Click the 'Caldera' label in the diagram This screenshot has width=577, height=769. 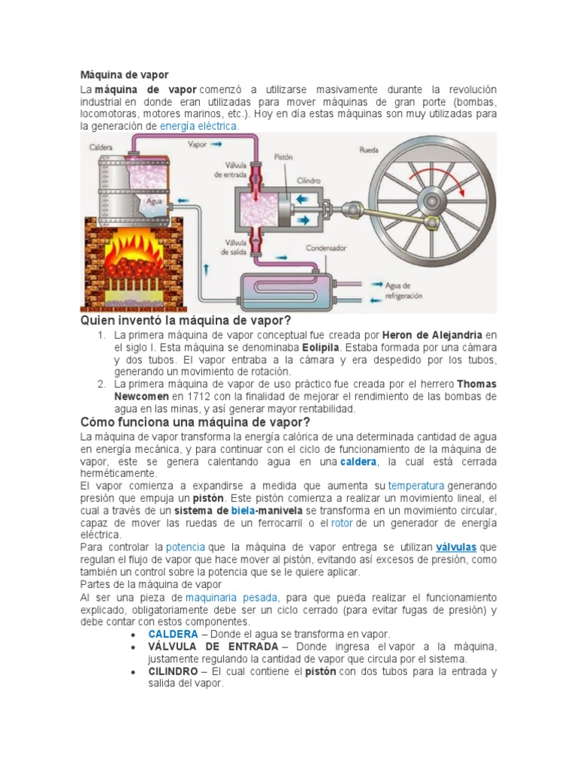101,147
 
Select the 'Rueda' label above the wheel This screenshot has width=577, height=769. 370,150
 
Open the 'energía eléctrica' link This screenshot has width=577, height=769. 198,126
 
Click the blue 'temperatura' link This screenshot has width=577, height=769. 415,486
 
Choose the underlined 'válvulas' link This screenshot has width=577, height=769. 456,547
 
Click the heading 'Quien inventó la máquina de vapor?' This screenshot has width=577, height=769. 186,321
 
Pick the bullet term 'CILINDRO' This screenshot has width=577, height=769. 174,671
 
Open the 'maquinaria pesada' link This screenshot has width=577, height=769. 231,597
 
